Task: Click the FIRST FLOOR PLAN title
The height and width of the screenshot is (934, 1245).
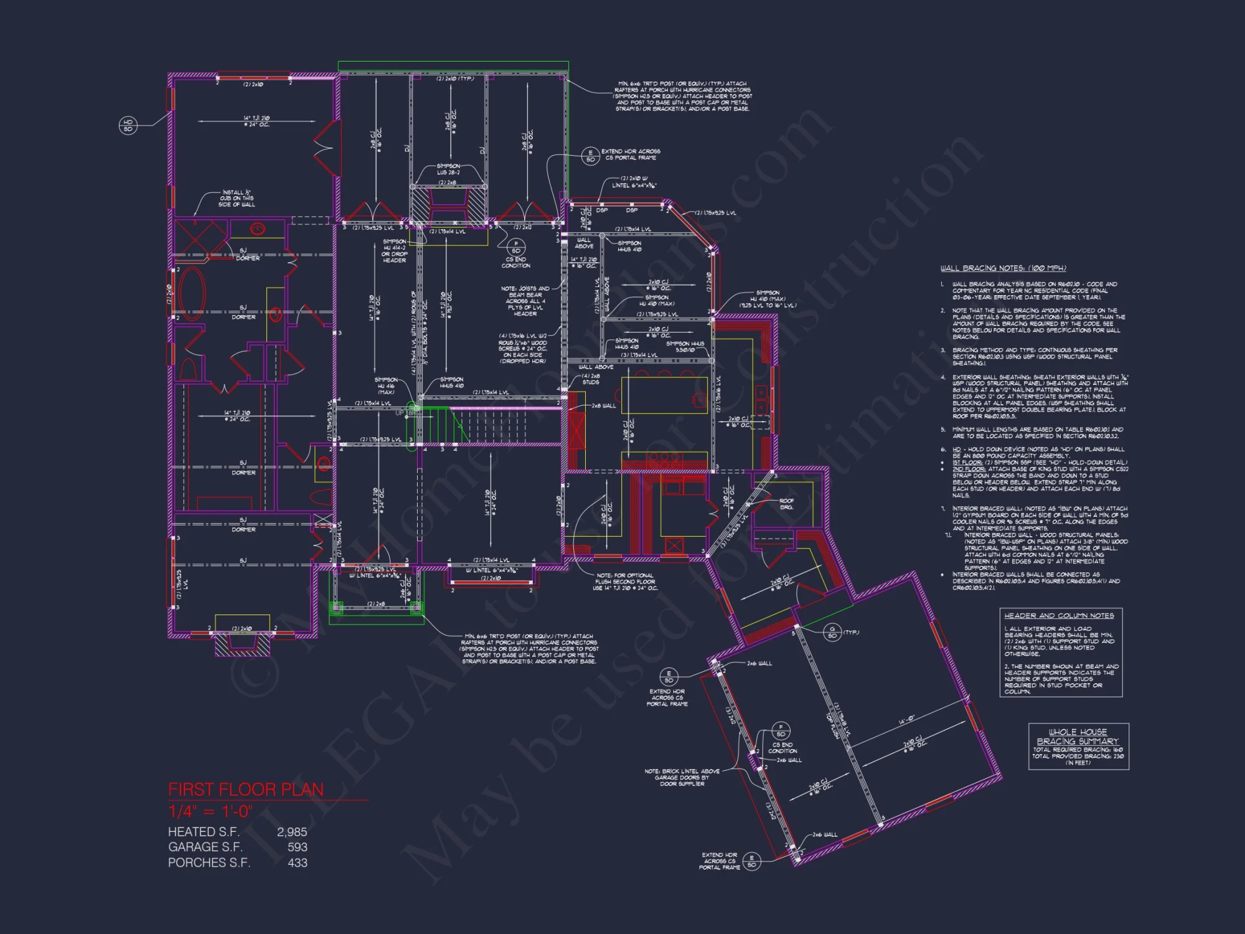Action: (x=246, y=790)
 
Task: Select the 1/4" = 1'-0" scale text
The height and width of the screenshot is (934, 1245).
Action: (x=210, y=811)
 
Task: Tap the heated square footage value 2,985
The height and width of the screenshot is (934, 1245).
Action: (x=292, y=832)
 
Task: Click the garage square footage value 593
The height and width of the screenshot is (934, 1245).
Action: (x=298, y=847)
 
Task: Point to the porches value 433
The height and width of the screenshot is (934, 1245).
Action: (x=298, y=862)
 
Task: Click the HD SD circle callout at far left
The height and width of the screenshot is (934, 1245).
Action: (x=128, y=126)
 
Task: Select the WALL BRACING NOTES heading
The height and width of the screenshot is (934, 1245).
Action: (x=1003, y=268)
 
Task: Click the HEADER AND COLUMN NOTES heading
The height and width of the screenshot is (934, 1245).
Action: (x=1059, y=615)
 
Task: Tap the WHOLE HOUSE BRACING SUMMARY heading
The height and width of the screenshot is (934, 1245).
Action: (x=1078, y=737)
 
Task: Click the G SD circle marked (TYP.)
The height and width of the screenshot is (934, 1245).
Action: (x=832, y=633)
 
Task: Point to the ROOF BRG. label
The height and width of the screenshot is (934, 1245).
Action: (x=786, y=504)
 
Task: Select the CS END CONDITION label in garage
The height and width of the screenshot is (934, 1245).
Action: (x=782, y=748)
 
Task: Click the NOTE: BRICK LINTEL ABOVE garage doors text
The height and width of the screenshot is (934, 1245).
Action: (x=682, y=777)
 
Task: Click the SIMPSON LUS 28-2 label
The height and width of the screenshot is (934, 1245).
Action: (x=448, y=169)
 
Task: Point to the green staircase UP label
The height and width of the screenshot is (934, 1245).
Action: (x=400, y=413)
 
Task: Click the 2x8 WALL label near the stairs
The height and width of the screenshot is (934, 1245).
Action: (x=603, y=406)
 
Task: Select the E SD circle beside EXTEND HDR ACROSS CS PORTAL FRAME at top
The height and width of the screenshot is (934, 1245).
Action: (x=590, y=156)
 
